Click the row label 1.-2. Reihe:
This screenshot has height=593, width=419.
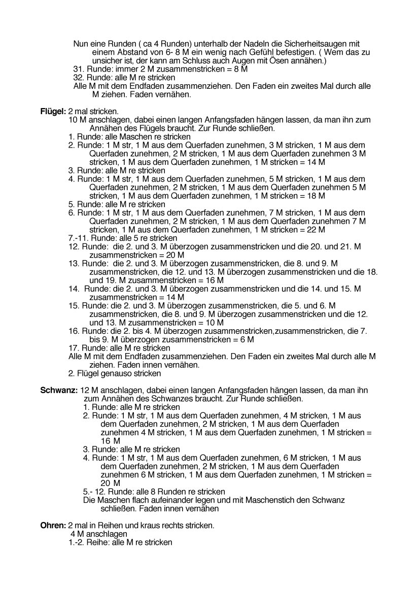89,542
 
